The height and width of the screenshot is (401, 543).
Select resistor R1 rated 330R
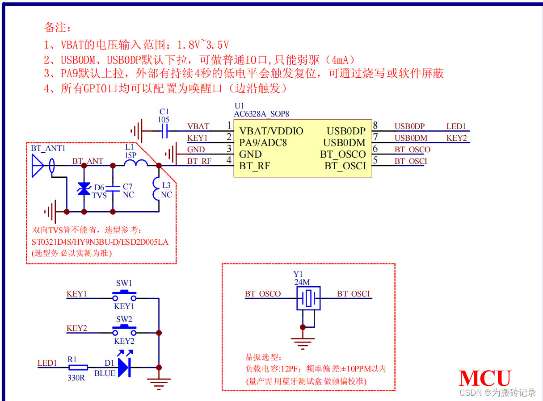tap(78, 368)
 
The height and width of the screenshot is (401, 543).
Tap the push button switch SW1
tap(124, 295)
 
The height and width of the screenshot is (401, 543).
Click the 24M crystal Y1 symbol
tap(308, 298)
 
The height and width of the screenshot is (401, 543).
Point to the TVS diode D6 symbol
tap(84, 188)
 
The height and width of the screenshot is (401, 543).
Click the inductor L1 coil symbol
tap(135, 164)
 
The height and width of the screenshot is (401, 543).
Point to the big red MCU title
tap(484, 378)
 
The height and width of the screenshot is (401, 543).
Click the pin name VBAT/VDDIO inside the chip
tap(271, 131)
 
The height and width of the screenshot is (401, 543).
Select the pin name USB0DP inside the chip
tap(346, 131)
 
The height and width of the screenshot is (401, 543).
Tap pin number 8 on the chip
tap(375, 126)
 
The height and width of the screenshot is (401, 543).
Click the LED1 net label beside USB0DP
tap(456, 127)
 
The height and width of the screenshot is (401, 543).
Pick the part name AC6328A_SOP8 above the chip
tap(261, 114)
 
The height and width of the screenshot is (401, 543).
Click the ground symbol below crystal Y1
tap(303, 342)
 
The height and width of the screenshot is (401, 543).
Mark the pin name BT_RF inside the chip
tap(255, 166)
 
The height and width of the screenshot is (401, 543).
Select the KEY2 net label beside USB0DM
tap(456, 138)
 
